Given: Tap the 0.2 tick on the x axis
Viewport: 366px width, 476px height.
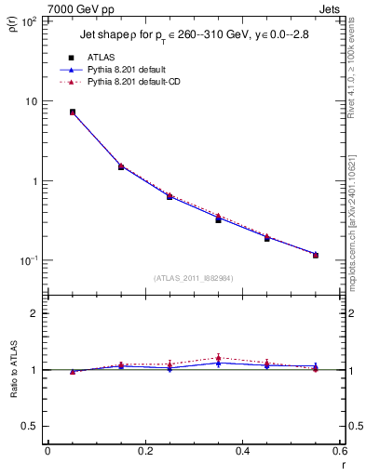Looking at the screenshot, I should point(144,450).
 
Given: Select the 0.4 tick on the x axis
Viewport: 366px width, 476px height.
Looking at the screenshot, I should point(242,450).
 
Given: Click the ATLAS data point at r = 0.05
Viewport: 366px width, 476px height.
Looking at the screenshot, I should point(73,112).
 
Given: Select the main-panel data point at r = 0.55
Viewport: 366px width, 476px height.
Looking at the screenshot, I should point(316,255).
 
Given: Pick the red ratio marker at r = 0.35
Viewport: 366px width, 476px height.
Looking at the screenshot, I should point(218,358).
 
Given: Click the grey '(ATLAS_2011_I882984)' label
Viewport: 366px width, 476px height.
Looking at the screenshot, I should point(194,278).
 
